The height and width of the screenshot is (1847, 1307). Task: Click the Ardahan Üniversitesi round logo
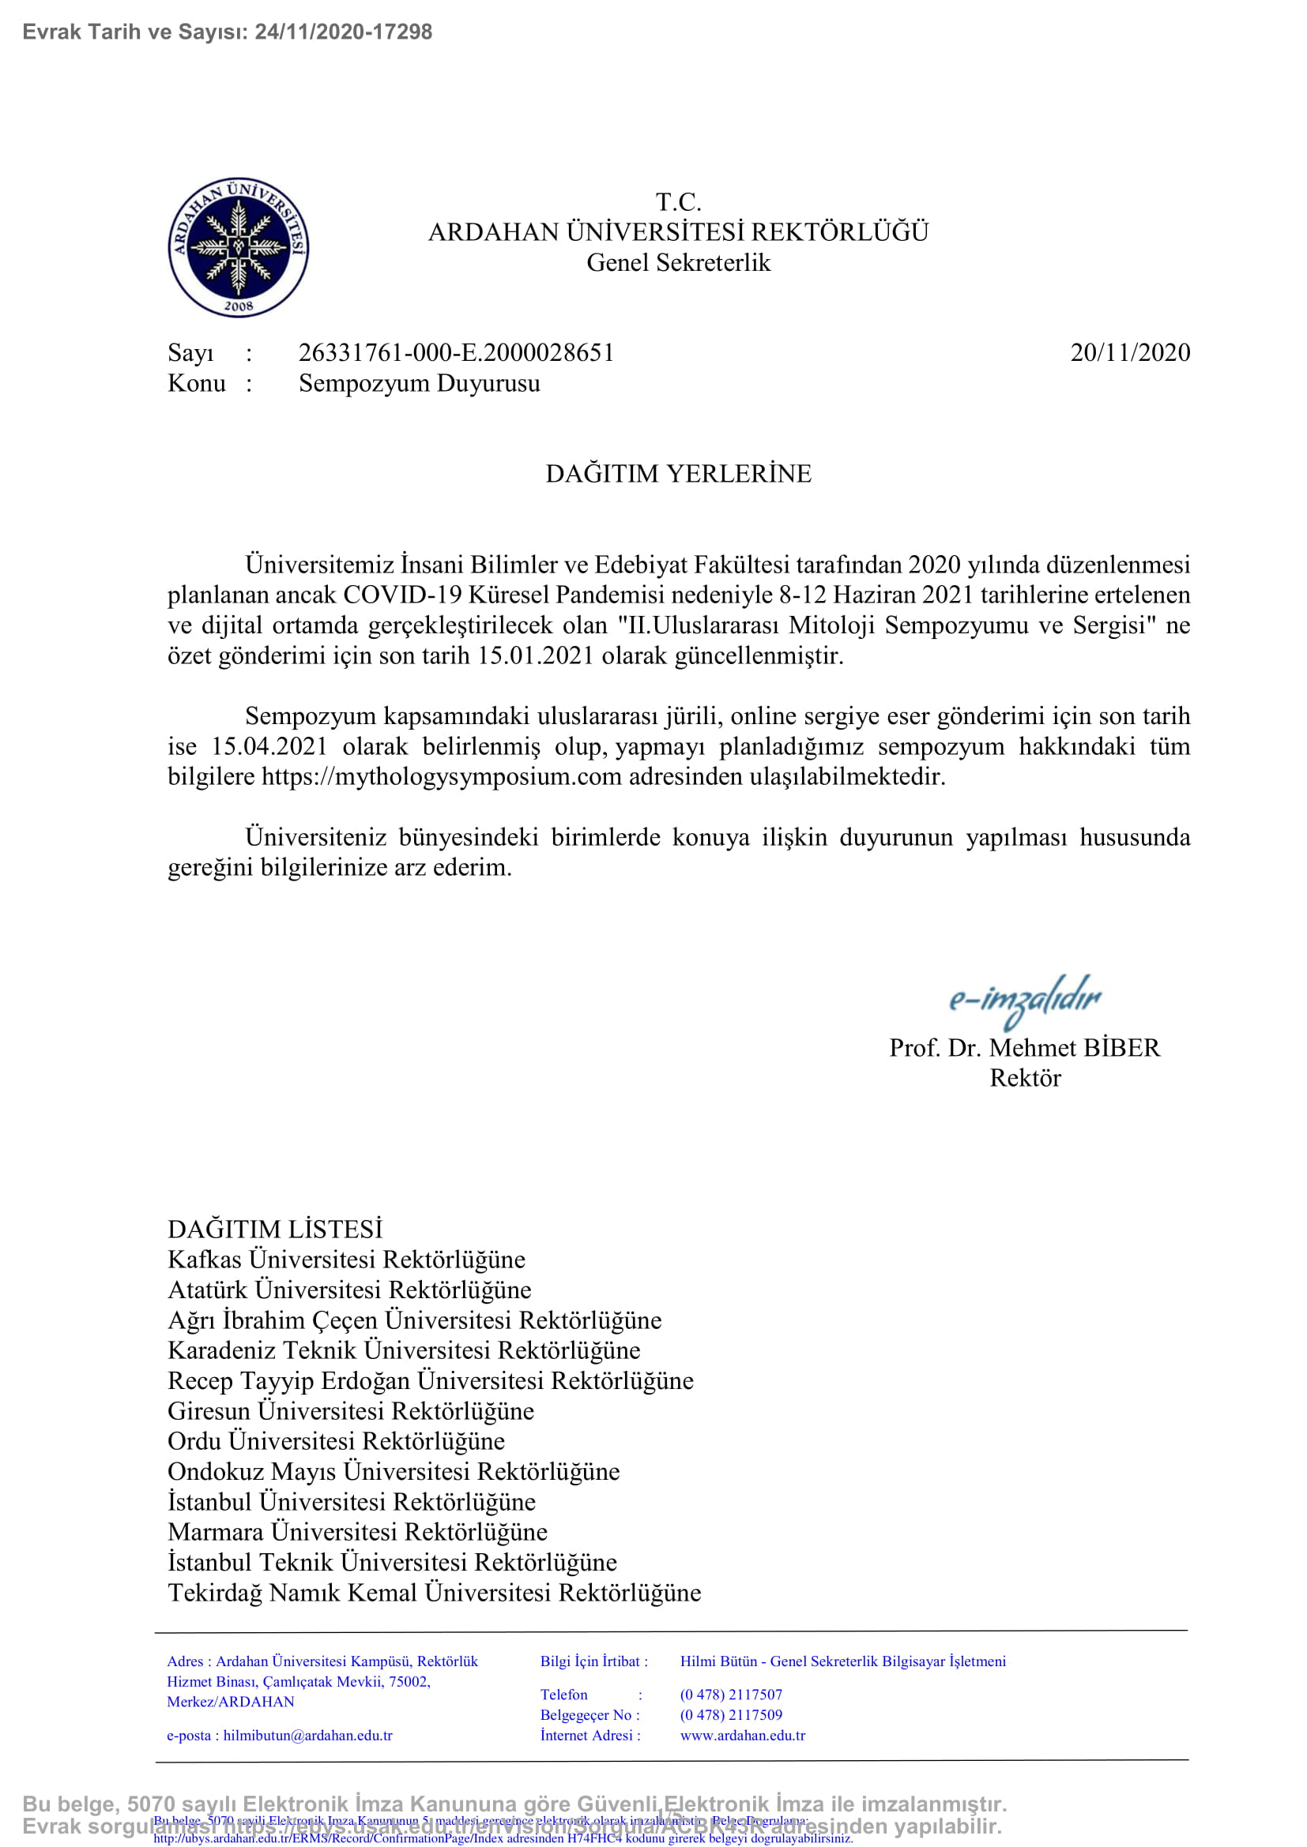pos(238,247)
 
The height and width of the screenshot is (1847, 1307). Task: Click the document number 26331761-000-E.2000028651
pos(455,352)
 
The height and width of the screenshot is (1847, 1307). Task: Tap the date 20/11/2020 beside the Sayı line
pos(1129,352)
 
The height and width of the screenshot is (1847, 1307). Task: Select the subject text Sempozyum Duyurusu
pos(419,383)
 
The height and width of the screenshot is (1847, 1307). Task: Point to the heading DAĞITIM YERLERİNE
pos(678,473)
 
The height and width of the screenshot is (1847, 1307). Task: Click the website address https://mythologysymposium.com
pos(441,776)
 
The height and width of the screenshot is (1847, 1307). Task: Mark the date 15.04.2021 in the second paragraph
pos(269,745)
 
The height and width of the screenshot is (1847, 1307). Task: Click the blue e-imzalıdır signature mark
pos(1023,998)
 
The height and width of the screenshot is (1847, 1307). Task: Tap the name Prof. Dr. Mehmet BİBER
pos(1023,1047)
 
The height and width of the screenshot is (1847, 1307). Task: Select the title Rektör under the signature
pos(1025,1078)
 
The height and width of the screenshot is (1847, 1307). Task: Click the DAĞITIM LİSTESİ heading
pos(274,1229)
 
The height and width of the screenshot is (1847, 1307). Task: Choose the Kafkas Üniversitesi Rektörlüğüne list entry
pos(345,1259)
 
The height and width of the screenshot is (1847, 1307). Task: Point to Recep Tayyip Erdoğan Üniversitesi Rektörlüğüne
pos(430,1380)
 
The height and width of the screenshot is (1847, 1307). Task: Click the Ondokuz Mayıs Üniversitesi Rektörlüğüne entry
pos(393,1471)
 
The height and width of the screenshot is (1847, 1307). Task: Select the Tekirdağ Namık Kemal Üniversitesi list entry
pos(434,1593)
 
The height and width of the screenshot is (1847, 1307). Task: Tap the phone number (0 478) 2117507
pos(731,1695)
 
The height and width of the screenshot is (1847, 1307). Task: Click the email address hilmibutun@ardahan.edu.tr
pos(307,1735)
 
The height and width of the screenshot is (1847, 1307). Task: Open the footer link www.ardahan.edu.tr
pos(742,1735)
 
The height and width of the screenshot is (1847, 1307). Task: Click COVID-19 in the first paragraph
pos(401,595)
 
